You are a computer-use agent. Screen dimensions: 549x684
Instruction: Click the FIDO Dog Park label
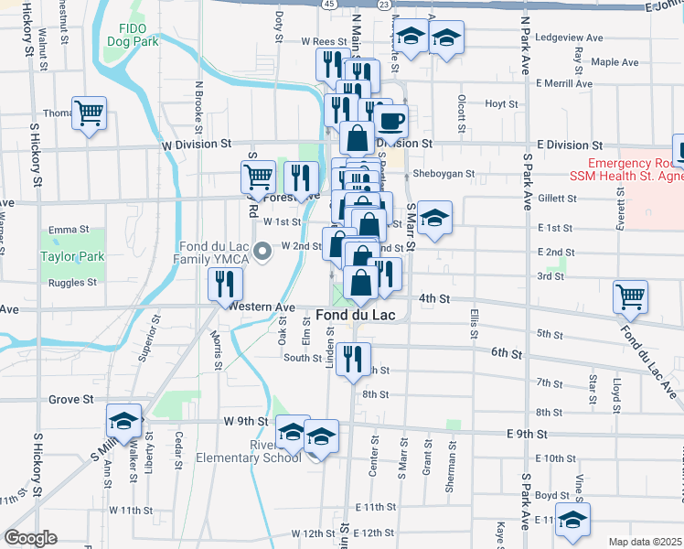coord(133,35)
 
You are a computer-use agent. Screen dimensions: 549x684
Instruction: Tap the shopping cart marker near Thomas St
coord(90,113)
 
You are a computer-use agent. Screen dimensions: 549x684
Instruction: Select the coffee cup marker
coord(391,120)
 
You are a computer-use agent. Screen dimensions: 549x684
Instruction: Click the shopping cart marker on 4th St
coord(631,296)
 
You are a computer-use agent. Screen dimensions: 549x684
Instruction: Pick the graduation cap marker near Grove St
coord(124,421)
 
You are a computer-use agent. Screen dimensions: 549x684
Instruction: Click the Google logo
coord(31,537)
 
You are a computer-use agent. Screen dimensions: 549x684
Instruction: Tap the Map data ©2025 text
coord(646,542)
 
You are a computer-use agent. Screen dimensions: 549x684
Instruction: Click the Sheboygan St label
coord(444,173)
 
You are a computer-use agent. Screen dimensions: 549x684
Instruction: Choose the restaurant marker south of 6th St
coord(352,359)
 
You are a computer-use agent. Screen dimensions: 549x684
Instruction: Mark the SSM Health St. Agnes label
coord(624,175)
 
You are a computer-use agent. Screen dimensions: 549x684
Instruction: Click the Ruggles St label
coord(72,283)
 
